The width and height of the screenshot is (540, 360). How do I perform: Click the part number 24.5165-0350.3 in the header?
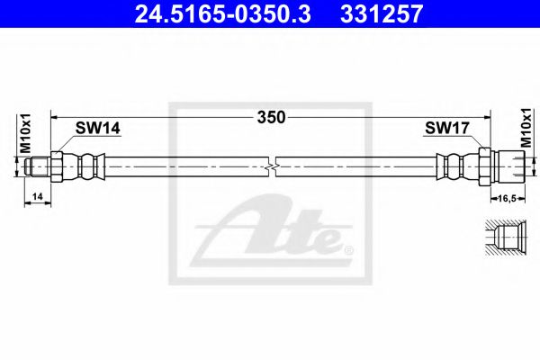222,13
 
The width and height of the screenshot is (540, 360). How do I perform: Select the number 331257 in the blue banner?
382,13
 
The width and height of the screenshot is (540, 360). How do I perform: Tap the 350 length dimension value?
272,118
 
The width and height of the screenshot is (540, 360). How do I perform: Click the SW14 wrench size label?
98,128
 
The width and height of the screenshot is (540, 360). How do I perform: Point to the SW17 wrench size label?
447,128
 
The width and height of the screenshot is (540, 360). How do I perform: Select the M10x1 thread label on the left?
25,133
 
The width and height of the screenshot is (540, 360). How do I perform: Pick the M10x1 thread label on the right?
526,128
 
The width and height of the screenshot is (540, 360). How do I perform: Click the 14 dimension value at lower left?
37,196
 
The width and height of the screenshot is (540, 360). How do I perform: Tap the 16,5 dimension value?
508,198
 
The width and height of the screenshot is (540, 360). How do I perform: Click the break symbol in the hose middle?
272,167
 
